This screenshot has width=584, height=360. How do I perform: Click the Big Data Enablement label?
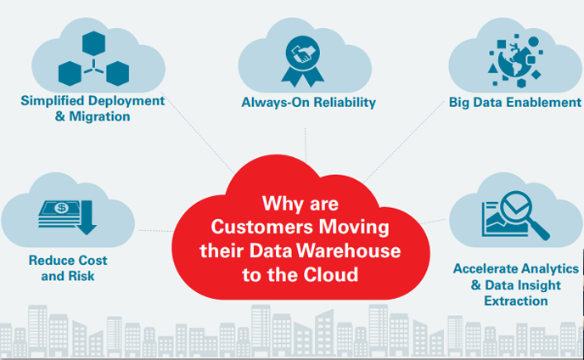pyautogui.click(x=514, y=103)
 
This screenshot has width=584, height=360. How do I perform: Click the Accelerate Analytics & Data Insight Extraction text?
pyautogui.click(x=515, y=284)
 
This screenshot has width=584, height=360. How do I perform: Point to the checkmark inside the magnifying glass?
pyautogui.click(x=514, y=206)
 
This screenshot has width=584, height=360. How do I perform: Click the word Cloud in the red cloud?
pyautogui.click(x=336, y=274)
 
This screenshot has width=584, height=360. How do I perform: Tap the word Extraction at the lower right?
pyautogui.click(x=515, y=301)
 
